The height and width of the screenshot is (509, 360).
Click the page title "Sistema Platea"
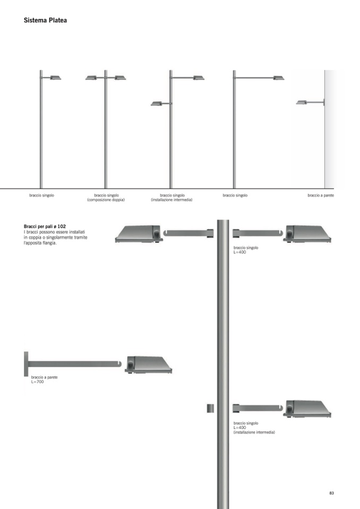pos(45,20)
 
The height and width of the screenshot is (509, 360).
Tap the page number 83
pos(331,493)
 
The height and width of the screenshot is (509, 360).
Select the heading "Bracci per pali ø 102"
pos(45,226)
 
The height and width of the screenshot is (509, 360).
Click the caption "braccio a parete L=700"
pos(45,379)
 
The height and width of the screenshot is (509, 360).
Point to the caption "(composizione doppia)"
pos(106,200)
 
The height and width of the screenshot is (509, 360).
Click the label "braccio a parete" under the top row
pos(321,195)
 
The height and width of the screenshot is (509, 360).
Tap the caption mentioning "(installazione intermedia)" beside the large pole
pos(254,428)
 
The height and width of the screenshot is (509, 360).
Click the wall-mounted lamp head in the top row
pos(301,102)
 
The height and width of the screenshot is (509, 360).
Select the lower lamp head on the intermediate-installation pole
pos(157,103)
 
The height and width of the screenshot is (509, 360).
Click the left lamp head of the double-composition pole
pos(91,77)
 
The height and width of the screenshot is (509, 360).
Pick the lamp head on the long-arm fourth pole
pos(279,77)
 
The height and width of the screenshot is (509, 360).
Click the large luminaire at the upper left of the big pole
pos(139,234)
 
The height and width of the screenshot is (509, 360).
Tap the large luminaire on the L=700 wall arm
pos(149,365)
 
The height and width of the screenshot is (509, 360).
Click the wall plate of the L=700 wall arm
pos(26,364)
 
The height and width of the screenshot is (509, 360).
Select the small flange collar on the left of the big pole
pos(210,408)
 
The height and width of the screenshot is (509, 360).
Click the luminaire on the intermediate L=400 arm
pos(307,409)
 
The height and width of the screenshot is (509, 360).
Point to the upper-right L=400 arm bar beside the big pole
pos(258,233)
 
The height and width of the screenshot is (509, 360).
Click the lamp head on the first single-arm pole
pos(55,77)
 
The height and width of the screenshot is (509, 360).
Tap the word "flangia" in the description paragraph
pos(49,243)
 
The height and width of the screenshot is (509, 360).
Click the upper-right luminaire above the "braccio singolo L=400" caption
pos(307,234)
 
